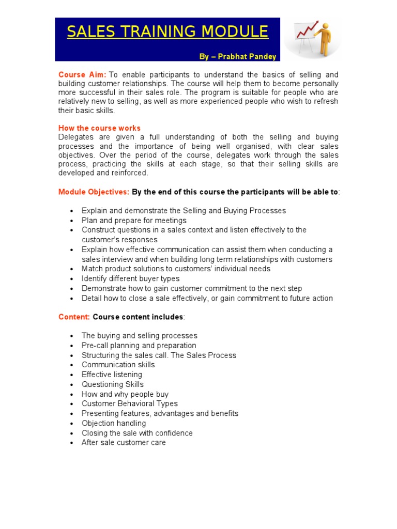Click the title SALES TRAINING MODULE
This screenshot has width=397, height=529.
point(167,32)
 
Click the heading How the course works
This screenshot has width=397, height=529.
point(99,128)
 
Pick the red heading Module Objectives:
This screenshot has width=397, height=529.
point(94,192)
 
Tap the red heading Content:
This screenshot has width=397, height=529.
point(74,317)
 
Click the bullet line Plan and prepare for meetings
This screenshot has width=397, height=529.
point(134,221)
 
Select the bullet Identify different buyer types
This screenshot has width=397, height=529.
point(130,278)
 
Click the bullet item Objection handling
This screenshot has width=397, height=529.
point(114,423)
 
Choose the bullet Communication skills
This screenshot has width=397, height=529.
point(118,365)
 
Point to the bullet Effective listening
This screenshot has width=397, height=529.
point(112,375)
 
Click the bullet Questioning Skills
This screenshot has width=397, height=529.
point(113,384)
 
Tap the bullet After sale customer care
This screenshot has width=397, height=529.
point(124,442)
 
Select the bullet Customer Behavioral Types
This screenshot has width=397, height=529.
point(129,403)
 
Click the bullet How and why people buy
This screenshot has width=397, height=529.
point(125,394)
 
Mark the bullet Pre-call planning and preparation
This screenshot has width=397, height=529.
point(139,346)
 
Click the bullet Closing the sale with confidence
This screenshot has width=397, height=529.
point(137,433)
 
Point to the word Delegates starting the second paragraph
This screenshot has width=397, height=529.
point(75,137)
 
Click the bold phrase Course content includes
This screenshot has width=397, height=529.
point(138,317)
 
